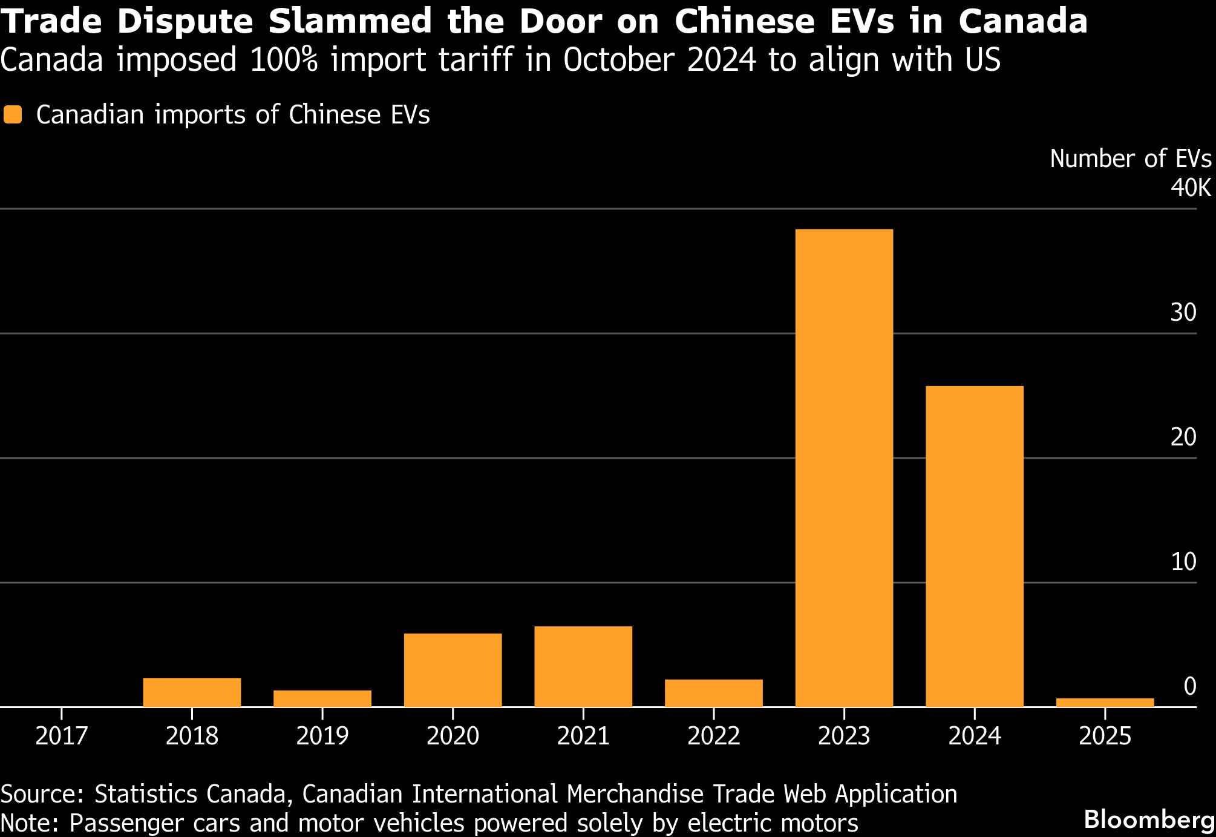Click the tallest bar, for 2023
point(844,467)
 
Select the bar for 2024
point(974,546)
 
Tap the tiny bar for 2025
point(1105,702)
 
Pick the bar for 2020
point(453,670)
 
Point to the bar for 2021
point(583,666)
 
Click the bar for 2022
point(713,693)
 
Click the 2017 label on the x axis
point(61,737)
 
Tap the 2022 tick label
point(713,737)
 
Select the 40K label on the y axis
point(1190,189)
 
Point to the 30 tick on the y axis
point(1183,313)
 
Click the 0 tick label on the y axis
point(1189,686)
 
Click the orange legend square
point(13,115)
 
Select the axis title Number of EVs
point(1130,159)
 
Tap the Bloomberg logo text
point(1148,820)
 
